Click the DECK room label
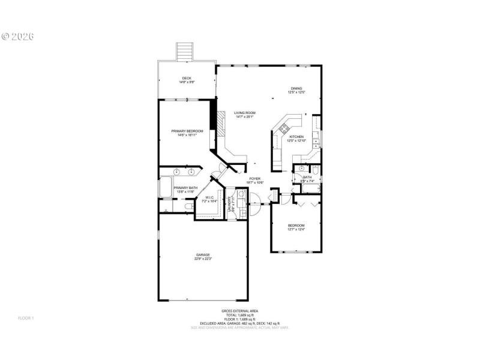[x=187, y=79]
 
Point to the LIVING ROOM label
[x=245, y=114]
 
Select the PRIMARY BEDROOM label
[x=187, y=132]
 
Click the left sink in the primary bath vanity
[x=177, y=172]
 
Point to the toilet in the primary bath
[x=189, y=206]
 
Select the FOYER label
[x=254, y=179]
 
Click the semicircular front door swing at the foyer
[x=253, y=211]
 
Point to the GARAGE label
[x=202, y=256]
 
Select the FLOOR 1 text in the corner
[x=26, y=317]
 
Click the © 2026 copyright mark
[x=18, y=36]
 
